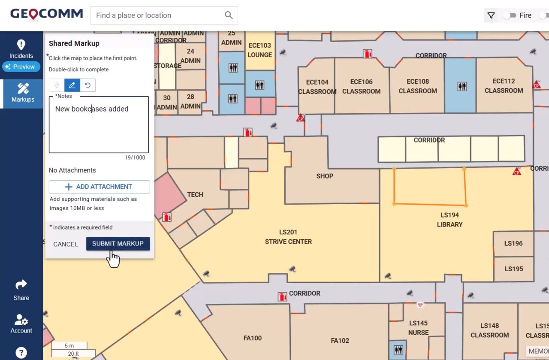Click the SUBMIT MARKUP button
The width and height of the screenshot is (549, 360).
tap(118, 244)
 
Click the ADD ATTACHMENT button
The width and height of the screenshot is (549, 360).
tap(99, 187)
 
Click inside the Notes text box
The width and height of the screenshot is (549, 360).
tap(99, 129)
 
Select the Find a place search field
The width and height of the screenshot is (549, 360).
tap(157, 15)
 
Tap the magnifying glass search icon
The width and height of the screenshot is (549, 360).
tap(229, 15)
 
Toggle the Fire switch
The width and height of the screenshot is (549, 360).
tap(510, 15)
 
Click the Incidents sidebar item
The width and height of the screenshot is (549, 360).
tap(21, 49)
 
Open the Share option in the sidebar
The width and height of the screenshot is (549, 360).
tap(21, 290)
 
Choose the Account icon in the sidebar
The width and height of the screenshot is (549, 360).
tap(21, 324)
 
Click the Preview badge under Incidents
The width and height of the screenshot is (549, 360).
tap(21, 67)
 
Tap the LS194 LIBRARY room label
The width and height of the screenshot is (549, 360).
tap(449, 220)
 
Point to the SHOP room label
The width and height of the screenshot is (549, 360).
tap(325, 176)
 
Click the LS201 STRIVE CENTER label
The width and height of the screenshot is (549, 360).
tap(288, 237)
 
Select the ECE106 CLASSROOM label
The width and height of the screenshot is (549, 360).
tap(361, 86)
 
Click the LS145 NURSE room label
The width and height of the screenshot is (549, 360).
tap(418, 328)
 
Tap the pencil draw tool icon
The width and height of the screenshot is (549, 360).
tap(72, 85)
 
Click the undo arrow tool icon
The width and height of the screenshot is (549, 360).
tap(88, 85)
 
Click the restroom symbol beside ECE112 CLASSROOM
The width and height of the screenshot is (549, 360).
tap(462, 86)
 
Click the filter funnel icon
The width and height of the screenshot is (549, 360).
tap(491, 15)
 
